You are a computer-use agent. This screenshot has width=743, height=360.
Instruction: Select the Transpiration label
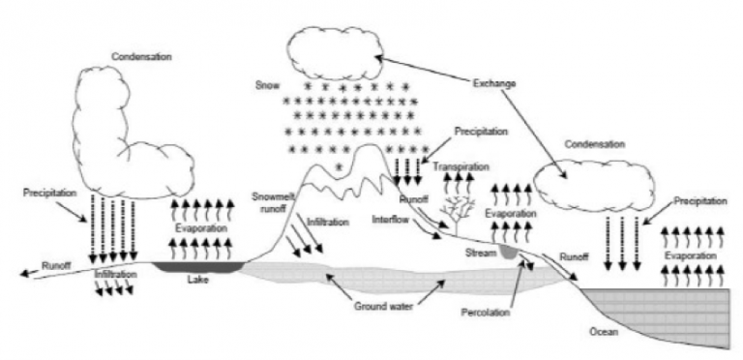(x=461, y=166)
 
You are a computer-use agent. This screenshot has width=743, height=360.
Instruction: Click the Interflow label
(x=391, y=220)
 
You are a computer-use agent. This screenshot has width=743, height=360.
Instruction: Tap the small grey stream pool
(x=510, y=253)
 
